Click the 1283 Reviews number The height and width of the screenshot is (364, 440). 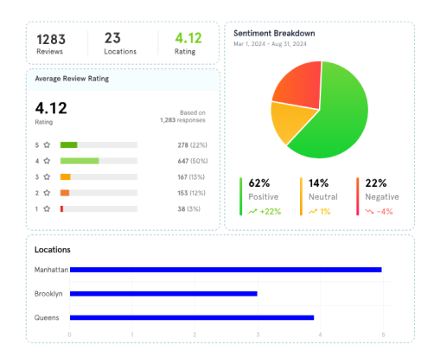(49, 38)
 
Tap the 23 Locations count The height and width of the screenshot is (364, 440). (113, 38)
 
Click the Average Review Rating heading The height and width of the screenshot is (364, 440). (72, 79)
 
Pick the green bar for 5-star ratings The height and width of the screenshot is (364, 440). (68, 144)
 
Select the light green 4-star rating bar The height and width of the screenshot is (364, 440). (79, 161)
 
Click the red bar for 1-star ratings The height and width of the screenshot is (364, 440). (61, 208)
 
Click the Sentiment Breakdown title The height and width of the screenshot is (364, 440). (274, 33)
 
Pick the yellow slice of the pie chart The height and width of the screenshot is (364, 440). (288, 121)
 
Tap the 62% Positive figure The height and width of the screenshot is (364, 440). (258, 183)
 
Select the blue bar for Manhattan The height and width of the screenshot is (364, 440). (225, 270)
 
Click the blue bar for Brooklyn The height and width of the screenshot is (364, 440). (163, 293)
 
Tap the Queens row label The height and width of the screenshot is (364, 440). (47, 317)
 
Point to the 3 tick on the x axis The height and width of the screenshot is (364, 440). (258, 335)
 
